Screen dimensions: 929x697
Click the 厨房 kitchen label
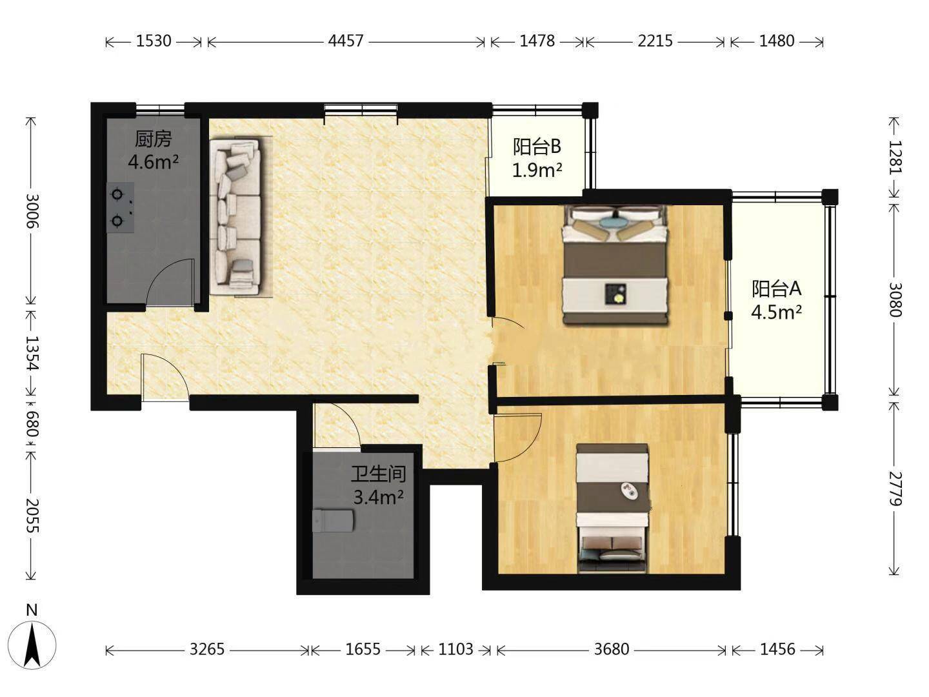[x=153, y=139]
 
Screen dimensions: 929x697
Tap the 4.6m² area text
[x=153, y=162]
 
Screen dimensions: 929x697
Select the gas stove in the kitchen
[x=120, y=207]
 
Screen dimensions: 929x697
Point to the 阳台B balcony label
[x=537, y=147]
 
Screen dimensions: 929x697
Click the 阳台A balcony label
[x=777, y=288]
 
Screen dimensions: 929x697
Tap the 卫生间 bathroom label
[x=378, y=474]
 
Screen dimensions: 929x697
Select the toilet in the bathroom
[x=333, y=521]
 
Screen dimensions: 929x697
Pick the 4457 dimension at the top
[x=346, y=41]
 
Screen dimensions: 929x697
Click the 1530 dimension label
[x=154, y=41]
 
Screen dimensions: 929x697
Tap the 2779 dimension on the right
[x=895, y=489]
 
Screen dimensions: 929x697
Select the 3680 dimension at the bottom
[x=612, y=649]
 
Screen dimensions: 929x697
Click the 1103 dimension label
[x=455, y=649]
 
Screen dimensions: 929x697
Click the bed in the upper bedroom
[x=615, y=265]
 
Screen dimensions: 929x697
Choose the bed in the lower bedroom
[x=612, y=508]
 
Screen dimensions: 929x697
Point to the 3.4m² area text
[x=378, y=497]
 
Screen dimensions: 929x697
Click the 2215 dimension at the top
[x=655, y=41]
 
